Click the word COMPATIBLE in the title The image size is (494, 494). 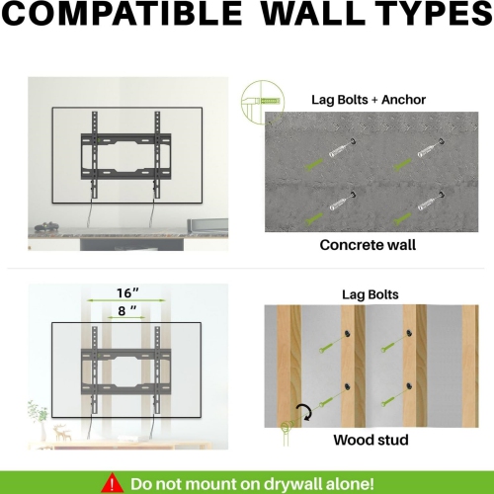[x=122, y=13]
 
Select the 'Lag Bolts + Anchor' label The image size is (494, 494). [x=369, y=100]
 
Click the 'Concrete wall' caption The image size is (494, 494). [x=368, y=245]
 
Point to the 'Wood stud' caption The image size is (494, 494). [x=370, y=440]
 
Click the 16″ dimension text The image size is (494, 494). [x=127, y=292]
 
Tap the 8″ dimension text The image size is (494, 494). [x=127, y=310]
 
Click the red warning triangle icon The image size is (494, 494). [x=113, y=483]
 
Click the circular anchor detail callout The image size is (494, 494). [x=263, y=102]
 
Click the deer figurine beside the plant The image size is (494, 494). [x=62, y=432]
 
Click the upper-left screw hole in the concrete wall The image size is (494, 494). [x=353, y=140]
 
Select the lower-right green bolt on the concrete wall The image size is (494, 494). [x=402, y=219]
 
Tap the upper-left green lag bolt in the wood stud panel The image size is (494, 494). [x=328, y=346]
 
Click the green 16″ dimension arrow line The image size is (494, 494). [x=126, y=300]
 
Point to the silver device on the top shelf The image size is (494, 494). [x=207, y=225]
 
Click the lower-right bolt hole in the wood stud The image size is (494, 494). [x=409, y=385]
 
